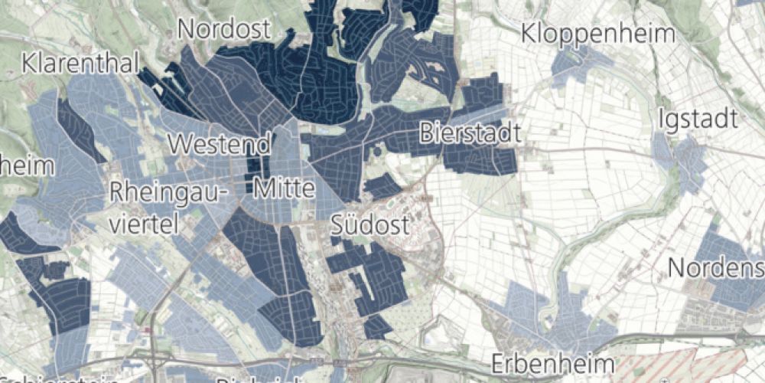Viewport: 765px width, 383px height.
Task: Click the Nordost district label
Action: pos(224,30)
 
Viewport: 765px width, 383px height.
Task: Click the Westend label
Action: pos(220,144)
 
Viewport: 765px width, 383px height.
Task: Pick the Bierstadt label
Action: pos(470,133)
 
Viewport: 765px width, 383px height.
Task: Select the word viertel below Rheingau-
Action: pos(144,223)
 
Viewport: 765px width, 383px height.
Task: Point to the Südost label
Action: pos(370,224)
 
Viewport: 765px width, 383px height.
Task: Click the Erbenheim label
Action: pos(554,362)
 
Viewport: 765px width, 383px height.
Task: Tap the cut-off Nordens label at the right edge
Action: pos(716,268)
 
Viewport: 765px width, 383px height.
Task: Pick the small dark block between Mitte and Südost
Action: pos(382,187)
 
